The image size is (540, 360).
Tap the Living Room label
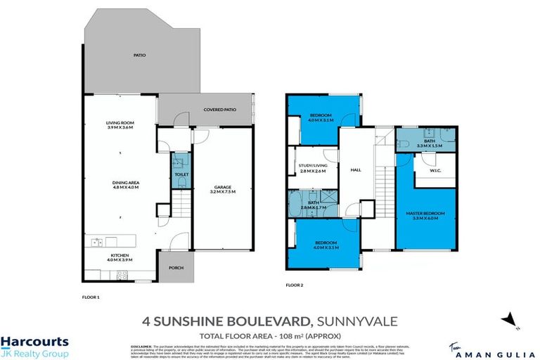tap(120, 126)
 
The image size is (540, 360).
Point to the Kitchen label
tap(120, 257)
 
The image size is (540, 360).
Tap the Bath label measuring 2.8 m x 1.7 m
tap(313, 205)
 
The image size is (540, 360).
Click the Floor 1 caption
tap(91, 297)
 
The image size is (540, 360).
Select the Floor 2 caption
tap(294, 285)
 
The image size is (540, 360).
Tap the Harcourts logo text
tap(34, 341)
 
